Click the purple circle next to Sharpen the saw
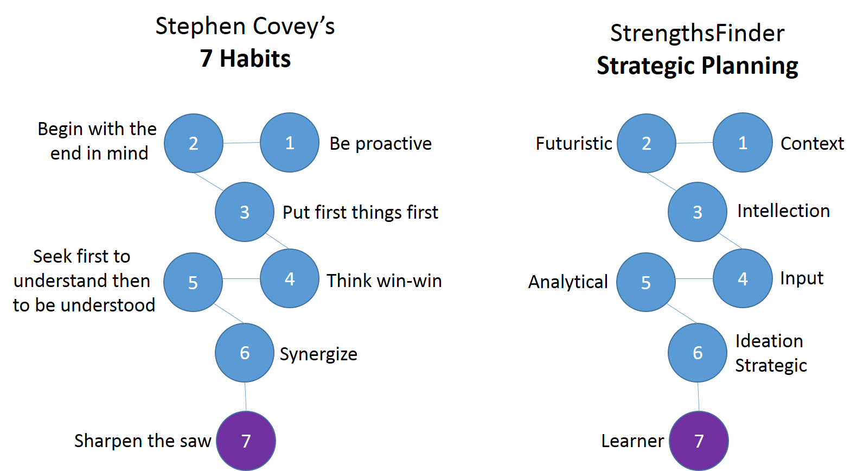pos(246,441)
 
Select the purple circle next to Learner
pos(699,441)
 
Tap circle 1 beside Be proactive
pos(290,142)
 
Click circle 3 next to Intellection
pos(698,212)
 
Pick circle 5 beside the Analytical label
pos(646,282)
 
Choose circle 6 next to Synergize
pos(245,352)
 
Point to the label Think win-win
pos(384,281)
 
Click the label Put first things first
pos(360,212)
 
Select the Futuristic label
pos(574,143)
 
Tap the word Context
pos(812,143)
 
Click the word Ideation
pos(769,341)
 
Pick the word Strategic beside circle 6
pos(771,366)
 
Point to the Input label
pos(802,278)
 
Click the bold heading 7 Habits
pos(245,59)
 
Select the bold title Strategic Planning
pos(698,66)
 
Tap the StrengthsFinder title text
pos(698,33)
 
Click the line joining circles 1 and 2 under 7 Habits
pos(242,143)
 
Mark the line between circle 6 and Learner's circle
pos(698,397)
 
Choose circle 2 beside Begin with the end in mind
pos(194,143)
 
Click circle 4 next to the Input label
pos(743,278)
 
